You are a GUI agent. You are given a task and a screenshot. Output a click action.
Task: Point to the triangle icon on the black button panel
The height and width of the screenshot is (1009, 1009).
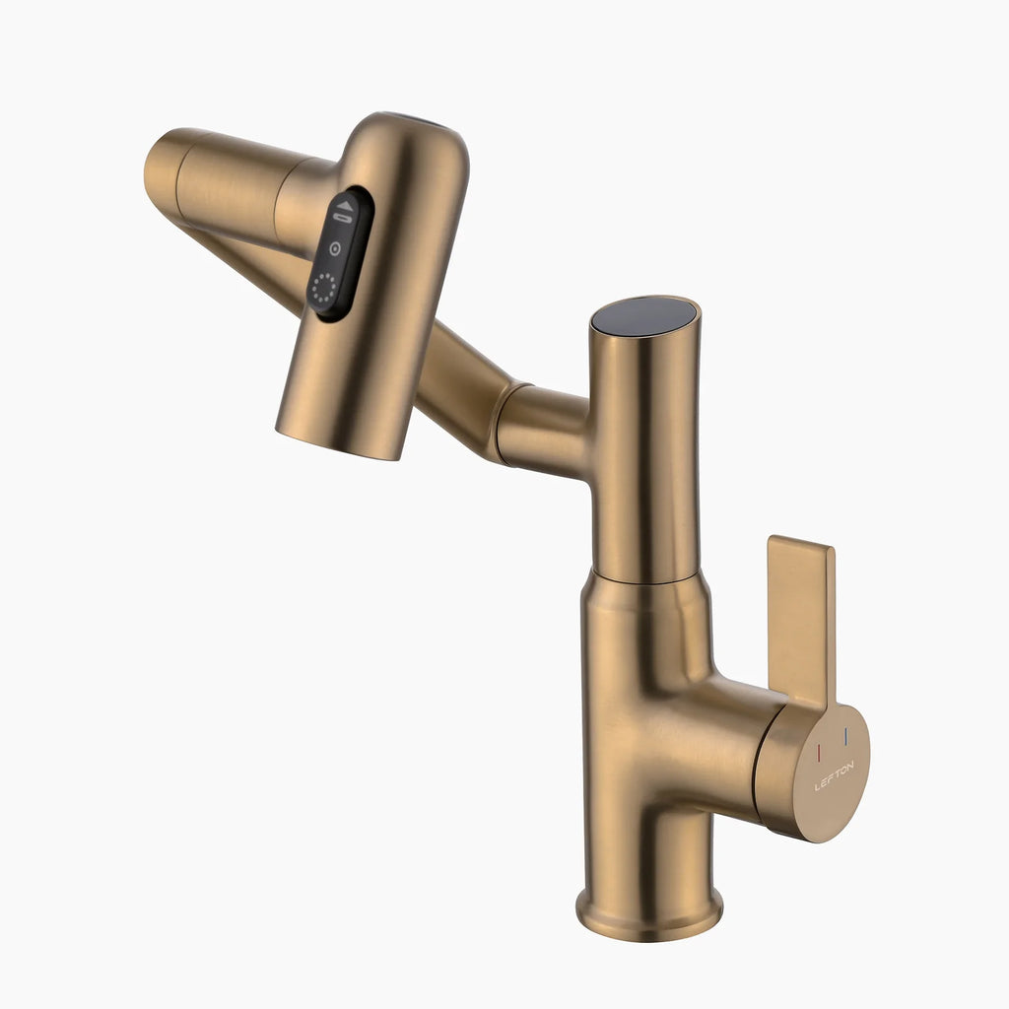[344, 206]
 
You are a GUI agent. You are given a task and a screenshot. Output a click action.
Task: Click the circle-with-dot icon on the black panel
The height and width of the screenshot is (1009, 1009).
[334, 248]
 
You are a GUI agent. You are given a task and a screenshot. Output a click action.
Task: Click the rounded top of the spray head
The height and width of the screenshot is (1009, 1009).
[414, 133]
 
